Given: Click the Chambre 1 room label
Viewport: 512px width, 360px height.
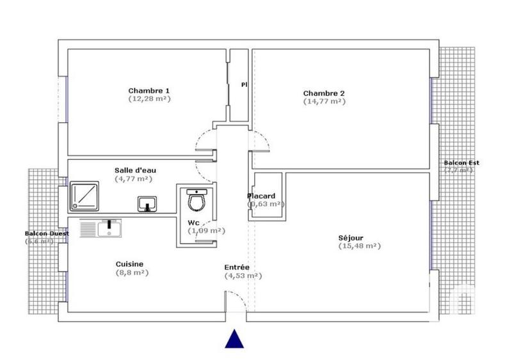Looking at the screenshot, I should point(149,90).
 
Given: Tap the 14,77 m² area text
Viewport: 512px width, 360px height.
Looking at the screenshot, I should point(324,101).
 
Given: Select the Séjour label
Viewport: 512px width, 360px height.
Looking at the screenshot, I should point(351,238).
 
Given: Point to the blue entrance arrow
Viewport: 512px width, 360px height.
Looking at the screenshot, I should point(236,338).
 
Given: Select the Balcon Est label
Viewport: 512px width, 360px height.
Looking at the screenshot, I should point(461,163).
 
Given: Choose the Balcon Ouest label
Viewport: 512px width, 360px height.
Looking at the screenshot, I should point(46,233).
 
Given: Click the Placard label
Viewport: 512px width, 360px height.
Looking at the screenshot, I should point(261,196).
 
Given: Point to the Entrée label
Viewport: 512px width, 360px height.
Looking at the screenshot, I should point(237,267).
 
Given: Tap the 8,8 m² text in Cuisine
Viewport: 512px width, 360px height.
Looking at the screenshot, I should point(132,272).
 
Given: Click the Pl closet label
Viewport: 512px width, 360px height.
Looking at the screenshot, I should point(244,84).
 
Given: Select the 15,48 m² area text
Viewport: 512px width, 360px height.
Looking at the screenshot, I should point(359,246).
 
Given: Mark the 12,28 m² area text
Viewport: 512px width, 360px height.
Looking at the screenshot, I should point(149,98).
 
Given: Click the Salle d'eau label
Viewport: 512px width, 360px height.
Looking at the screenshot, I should point(135,170).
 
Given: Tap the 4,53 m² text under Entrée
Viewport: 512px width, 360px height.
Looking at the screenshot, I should point(243,276).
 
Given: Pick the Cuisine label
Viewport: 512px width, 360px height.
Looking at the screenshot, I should point(129,264).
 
